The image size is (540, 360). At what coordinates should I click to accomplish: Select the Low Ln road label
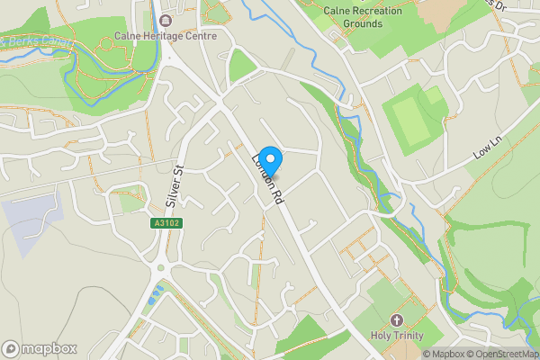tap(486, 148)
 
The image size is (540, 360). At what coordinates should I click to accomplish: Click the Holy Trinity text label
tap(397, 337)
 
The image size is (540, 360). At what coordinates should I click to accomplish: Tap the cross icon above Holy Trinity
tap(396, 320)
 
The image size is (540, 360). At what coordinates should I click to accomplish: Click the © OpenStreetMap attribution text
tap(502, 354)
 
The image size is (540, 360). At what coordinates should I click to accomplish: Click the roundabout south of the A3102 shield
tap(163, 267)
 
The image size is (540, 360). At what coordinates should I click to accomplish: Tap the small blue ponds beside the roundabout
tap(158, 292)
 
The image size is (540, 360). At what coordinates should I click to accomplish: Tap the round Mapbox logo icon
tap(11, 348)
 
